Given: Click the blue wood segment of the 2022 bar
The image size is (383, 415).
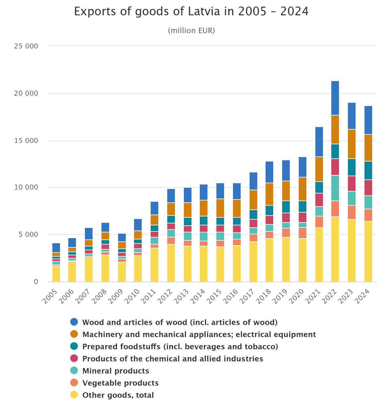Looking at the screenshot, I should [x=335, y=98].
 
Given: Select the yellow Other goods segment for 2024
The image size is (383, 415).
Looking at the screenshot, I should [x=368, y=251].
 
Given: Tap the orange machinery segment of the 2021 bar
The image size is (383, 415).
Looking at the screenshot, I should [x=319, y=169].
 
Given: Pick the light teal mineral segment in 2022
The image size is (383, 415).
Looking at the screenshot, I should [x=335, y=188].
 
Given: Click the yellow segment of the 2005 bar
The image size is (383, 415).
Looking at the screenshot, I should [x=56, y=274].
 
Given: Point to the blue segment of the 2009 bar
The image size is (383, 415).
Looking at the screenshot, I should [x=122, y=238].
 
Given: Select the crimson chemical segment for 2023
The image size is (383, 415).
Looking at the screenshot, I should [x=352, y=184].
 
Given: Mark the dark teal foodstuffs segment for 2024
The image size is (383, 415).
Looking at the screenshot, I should [x=368, y=170].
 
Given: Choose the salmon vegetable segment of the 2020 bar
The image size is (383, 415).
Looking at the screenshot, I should [x=303, y=233].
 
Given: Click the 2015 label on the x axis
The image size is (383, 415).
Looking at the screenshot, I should [x=214, y=296].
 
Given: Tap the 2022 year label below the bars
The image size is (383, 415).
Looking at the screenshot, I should [x=329, y=296].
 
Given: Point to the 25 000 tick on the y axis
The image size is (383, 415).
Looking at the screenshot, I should [x=26, y=46].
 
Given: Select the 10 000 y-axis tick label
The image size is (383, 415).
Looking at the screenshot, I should [x=26, y=187].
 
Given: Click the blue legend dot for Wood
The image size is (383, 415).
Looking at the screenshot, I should [x=74, y=322].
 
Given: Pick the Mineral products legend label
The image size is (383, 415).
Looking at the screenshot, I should [x=116, y=371].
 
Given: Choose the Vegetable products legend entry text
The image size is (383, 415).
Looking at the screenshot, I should [x=120, y=383].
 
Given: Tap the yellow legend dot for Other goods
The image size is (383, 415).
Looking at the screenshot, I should [x=74, y=395].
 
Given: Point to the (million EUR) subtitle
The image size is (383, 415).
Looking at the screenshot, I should [x=191, y=31].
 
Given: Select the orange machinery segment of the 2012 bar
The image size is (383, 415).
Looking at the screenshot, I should [x=171, y=209].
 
